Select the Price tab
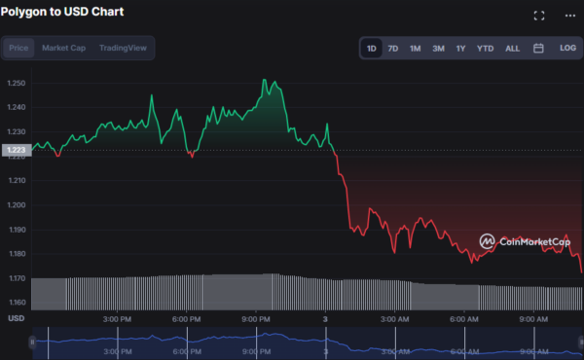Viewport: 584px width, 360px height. pyautogui.click(x=19, y=48)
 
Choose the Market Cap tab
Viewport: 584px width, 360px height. pyautogui.click(x=62, y=48)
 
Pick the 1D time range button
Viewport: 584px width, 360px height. pyautogui.click(x=371, y=48)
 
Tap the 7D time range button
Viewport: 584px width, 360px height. pyautogui.click(x=393, y=48)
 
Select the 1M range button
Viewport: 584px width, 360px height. pyautogui.click(x=416, y=48)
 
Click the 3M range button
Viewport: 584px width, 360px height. pyautogui.click(x=438, y=48)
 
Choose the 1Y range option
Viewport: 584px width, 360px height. pyautogui.click(x=460, y=48)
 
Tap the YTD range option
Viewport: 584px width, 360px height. pyautogui.click(x=485, y=48)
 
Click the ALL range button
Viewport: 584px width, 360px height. pyautogui.click(x=512, y=48)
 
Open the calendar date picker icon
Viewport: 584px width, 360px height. pyautogui.click(x=538, y=48)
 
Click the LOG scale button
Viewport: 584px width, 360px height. pyautogui.click(x=567, y=48)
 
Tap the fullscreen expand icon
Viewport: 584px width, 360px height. pyautogui.click(x=540, y=16)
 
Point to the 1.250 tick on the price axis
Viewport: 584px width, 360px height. pyautogui.click(x=17, y=83)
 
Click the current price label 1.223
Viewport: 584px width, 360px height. pyautogui.click(x=16, y=150)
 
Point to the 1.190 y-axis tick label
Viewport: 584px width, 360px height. pyautogui.click(x=17, y=230)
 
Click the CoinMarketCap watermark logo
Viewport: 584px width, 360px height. pyautogui.click(x=523, y=241)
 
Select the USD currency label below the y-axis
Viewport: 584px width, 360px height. pyautogui.click(x=16, y=319)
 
